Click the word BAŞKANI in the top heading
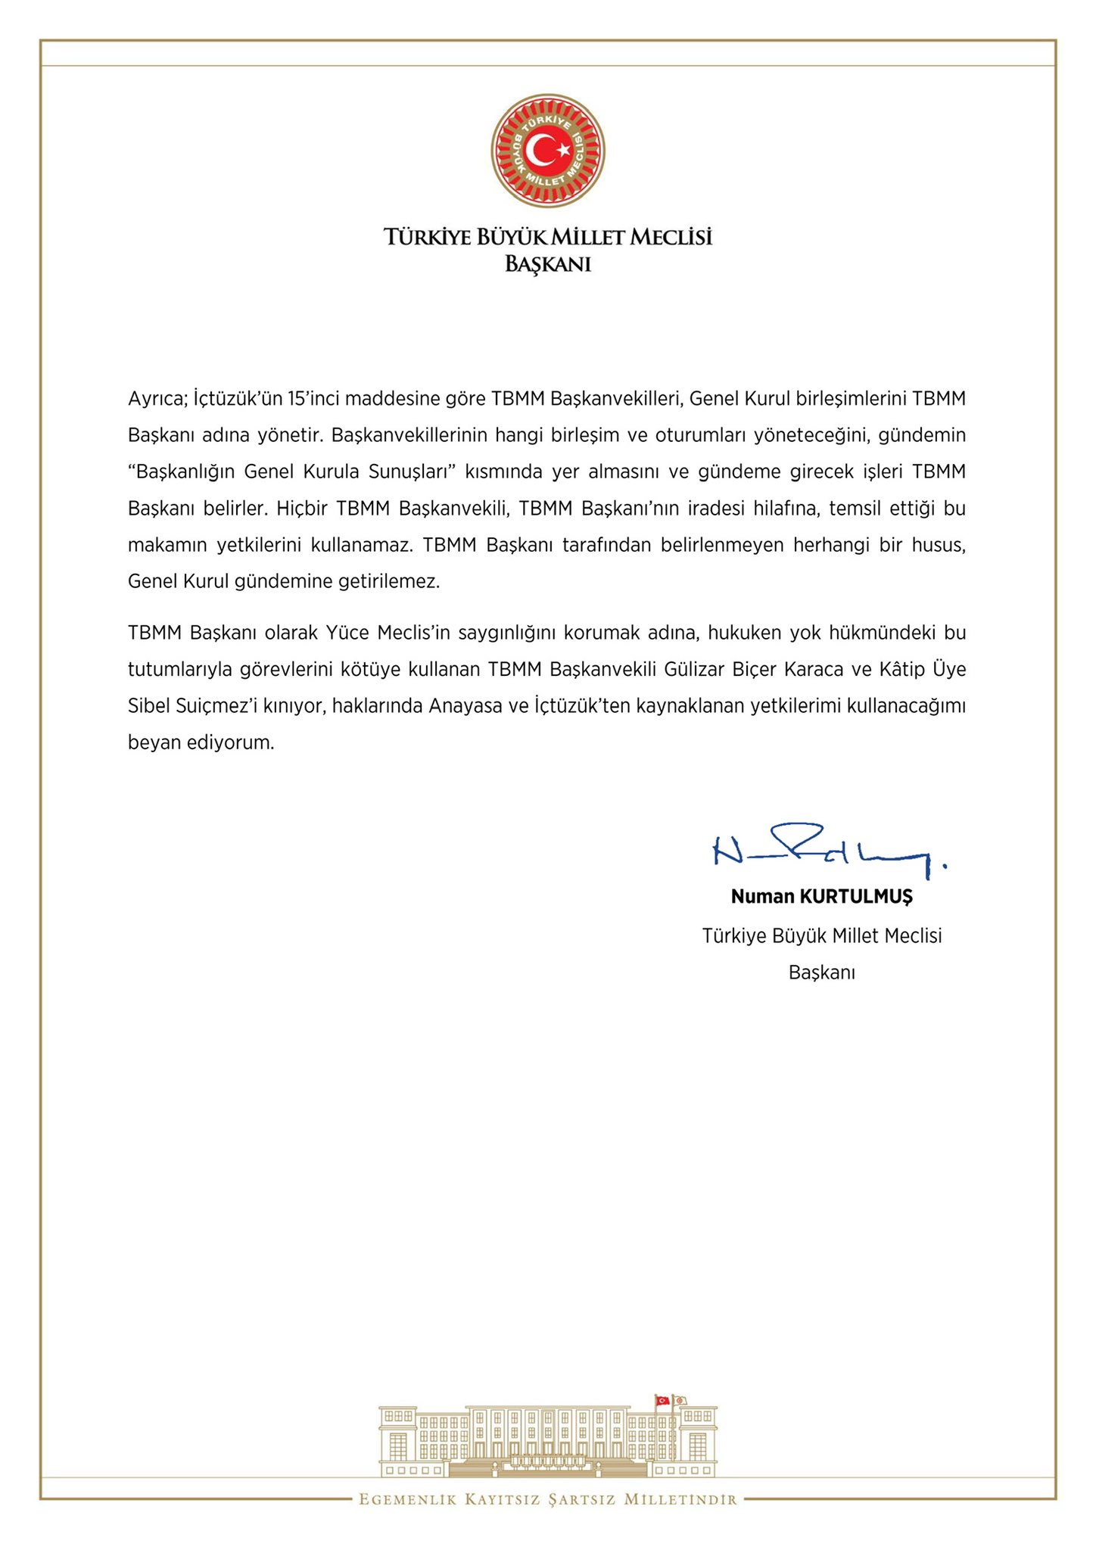(547, 264)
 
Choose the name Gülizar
(695, 669)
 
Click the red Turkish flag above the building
(662, 1400)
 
